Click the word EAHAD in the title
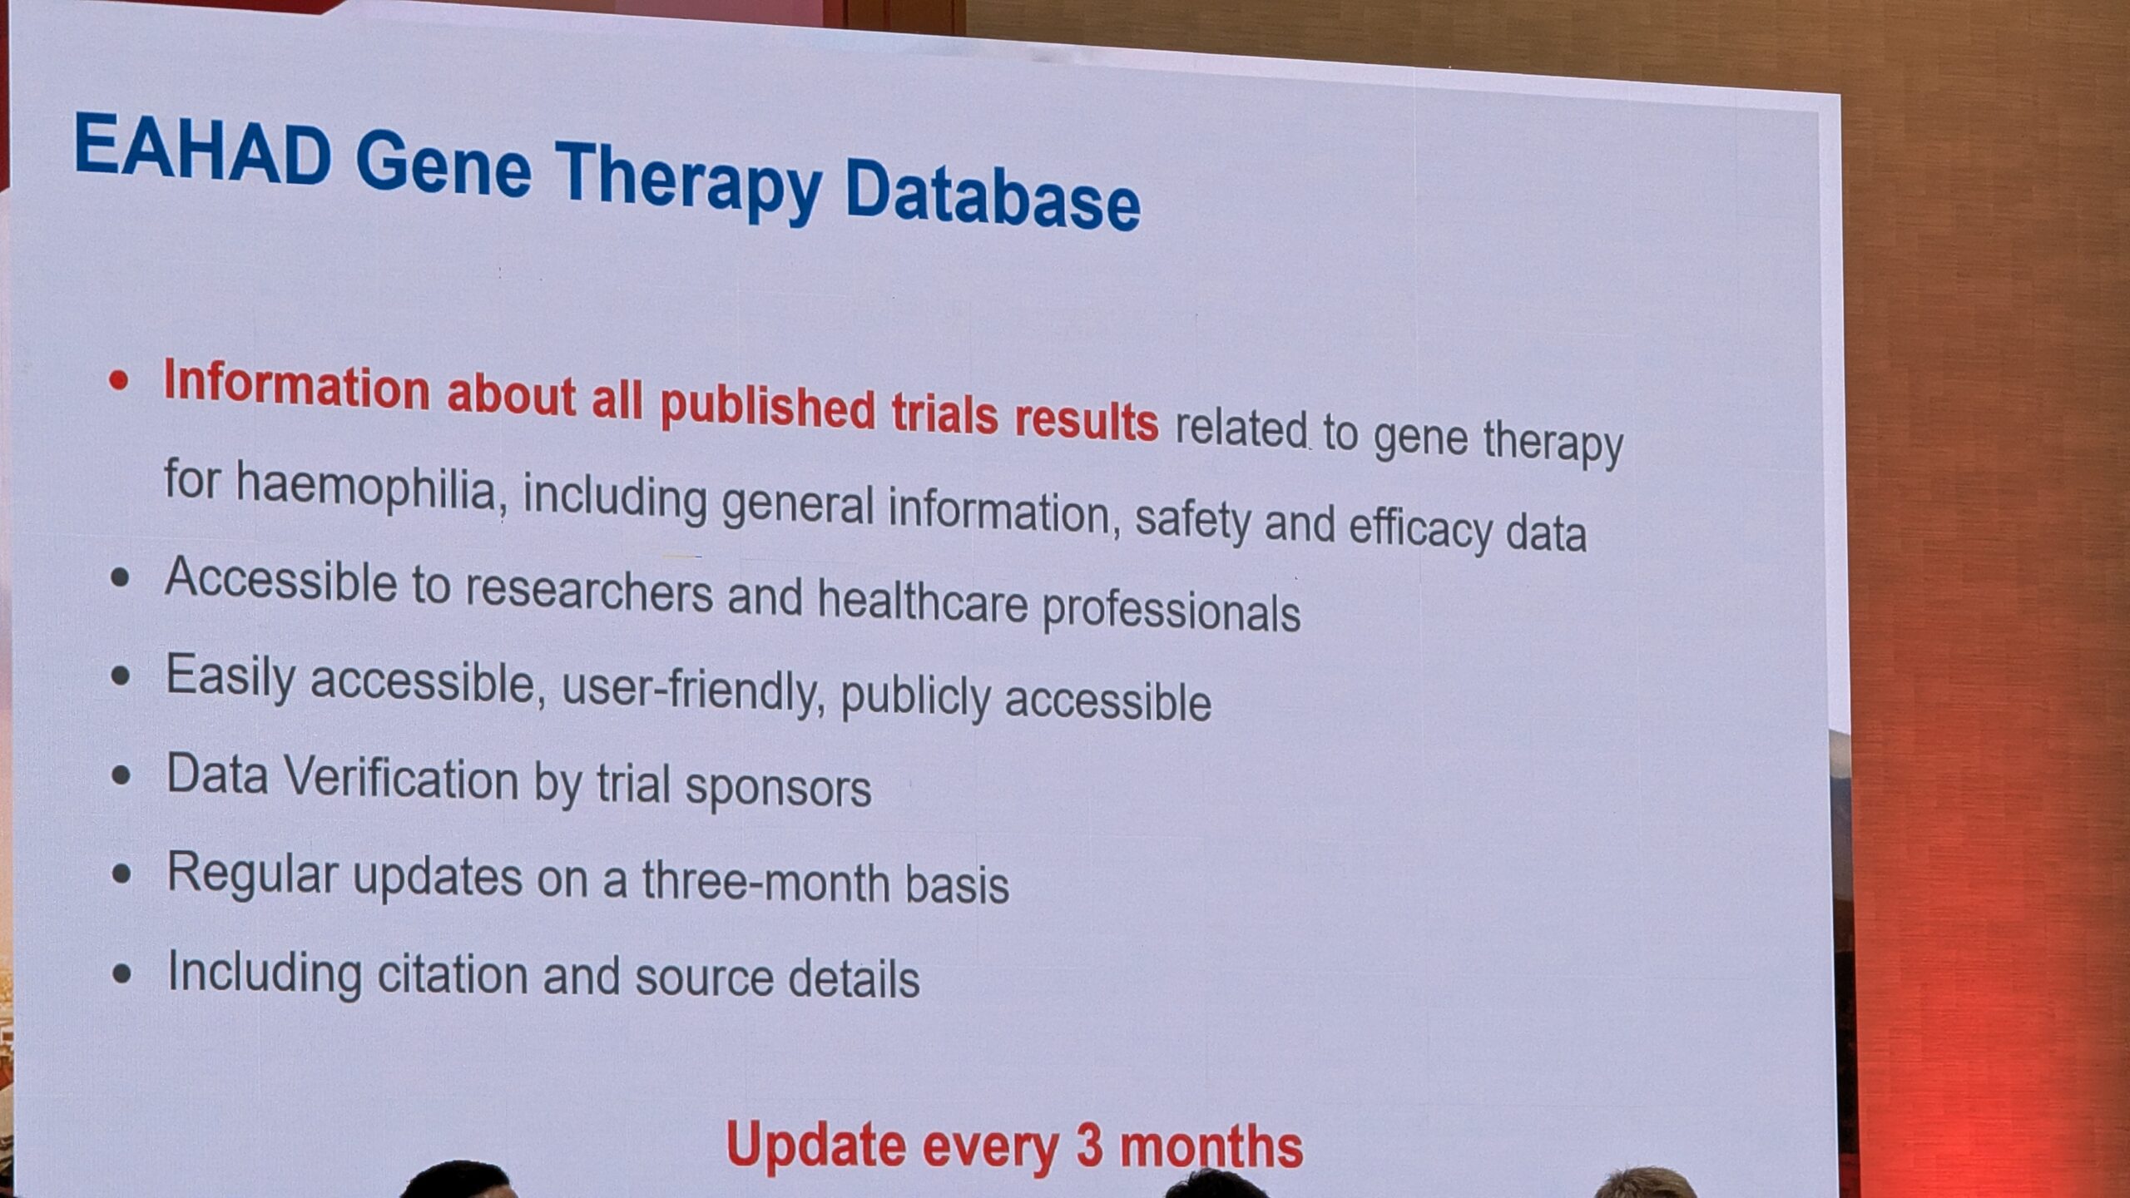(203, 149)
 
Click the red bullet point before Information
(119, 381)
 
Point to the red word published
(767, 405)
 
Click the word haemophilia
(366, 487)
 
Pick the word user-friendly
(687, 689)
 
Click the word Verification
(401, 780)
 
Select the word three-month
(765, 881)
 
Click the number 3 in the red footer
(1089, 1145)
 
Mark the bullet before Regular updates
(121, 874)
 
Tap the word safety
(1193, 520)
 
